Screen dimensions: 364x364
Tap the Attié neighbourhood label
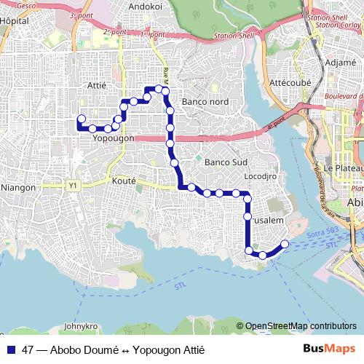pos(96,85)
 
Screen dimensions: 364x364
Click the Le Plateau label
pos(339,168)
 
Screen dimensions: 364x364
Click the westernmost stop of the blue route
pos(82,118)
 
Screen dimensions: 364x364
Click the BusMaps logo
pos(329,349)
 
